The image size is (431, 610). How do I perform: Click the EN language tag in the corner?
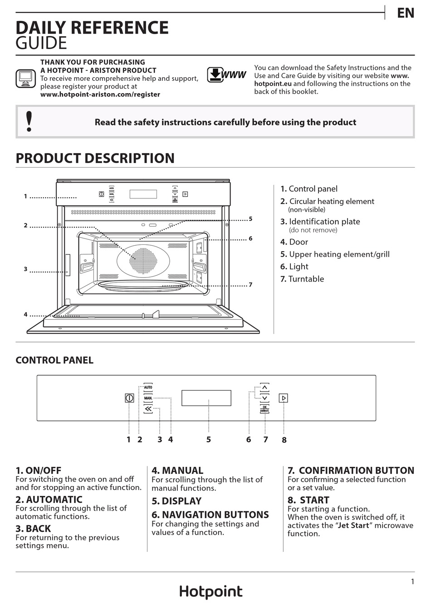(x=406, y=13)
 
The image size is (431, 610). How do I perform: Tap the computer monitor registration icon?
(x=25, y=79)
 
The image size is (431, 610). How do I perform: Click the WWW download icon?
(x=226, y=74)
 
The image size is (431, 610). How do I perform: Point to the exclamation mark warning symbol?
(x=29, y=121)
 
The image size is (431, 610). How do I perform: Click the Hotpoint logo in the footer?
(x=211, y=591)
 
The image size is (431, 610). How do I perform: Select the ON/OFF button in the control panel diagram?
(x=129, y=398)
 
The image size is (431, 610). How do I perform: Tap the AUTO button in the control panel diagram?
(x=148, y=387)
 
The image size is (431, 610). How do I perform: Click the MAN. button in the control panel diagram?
(x=148, y=398)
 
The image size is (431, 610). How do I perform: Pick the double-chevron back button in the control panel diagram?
(x=148, y=409)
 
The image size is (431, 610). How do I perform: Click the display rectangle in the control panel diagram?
(x=206, y=398)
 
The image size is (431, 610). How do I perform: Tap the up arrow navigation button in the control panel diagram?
(x=264, y=387)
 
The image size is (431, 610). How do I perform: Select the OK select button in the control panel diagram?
(x=264, y=409)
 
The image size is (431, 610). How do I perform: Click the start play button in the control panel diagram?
(x=284, y=398)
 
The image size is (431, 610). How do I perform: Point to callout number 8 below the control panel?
(x=284, y=440)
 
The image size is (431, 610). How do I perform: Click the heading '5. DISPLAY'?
(x=176, y=501)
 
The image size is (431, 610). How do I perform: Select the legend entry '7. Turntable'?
(x=302, y=279)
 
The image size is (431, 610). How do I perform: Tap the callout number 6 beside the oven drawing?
(x=250, y=238)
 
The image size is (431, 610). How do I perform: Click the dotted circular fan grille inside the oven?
(x=143, y=261)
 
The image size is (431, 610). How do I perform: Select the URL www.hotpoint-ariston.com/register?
(x=100, y=94)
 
